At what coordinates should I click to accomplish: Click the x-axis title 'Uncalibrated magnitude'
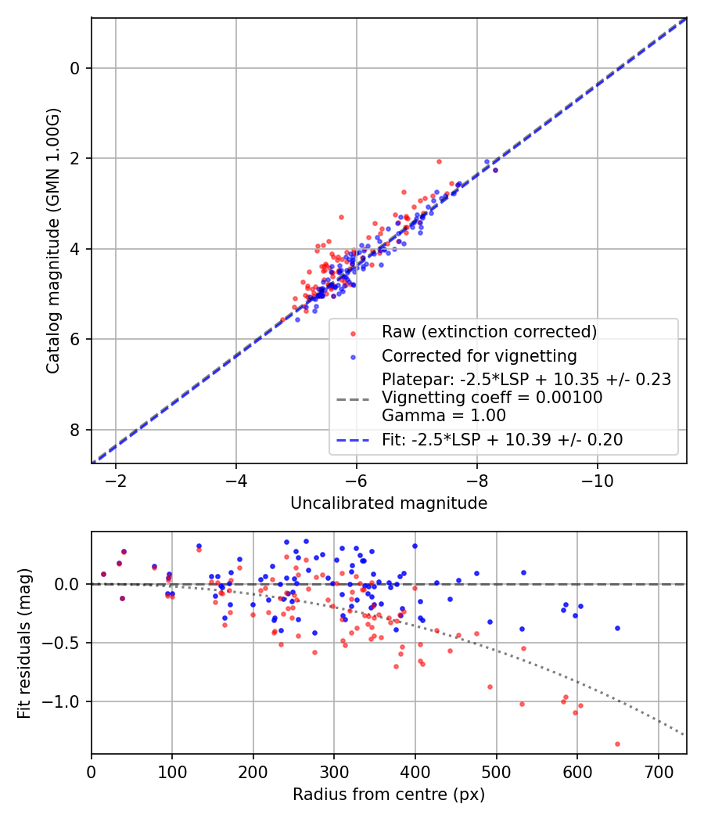[x=389, y=503]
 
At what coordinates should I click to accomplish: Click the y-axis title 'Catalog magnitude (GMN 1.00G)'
[x=52, y=240]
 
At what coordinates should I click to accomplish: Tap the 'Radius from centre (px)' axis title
[x=389, y=795]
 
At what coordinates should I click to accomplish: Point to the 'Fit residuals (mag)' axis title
[x=24, y=644]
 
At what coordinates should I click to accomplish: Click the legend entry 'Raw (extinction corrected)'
[x=489, y=331]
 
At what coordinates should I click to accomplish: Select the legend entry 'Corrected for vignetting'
[x=479, y=356]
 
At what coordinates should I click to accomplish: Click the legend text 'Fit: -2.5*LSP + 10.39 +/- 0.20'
[x=502, y=440]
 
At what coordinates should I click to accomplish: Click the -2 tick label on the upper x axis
[x=116, y=480]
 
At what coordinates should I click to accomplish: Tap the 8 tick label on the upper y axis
[x=75, y=430]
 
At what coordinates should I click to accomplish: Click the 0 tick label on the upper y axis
[x=75, y=68]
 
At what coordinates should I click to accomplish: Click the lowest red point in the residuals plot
[x=617, y=744]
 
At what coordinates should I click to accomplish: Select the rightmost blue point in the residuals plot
[x=617, y=628]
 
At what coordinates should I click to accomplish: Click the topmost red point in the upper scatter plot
[x=439, y=161]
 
